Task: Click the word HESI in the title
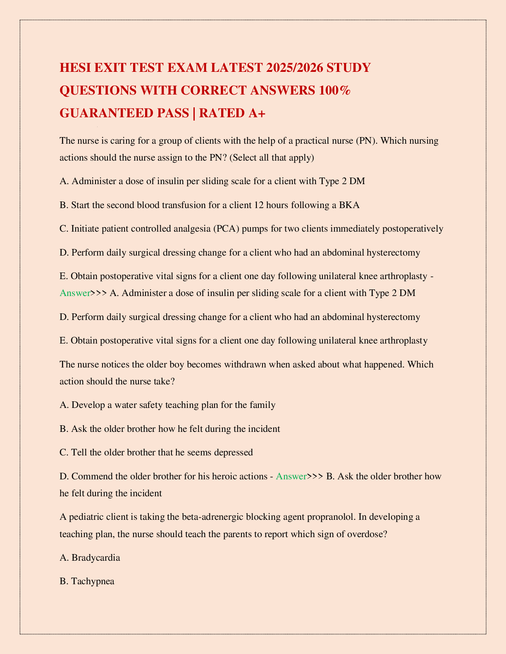[76, 67]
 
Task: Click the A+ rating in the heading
[257, 113]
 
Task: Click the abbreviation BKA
[349, 205]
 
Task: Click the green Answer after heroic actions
[291, 476]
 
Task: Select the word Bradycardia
[96, 557]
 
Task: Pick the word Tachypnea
[93, 581]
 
